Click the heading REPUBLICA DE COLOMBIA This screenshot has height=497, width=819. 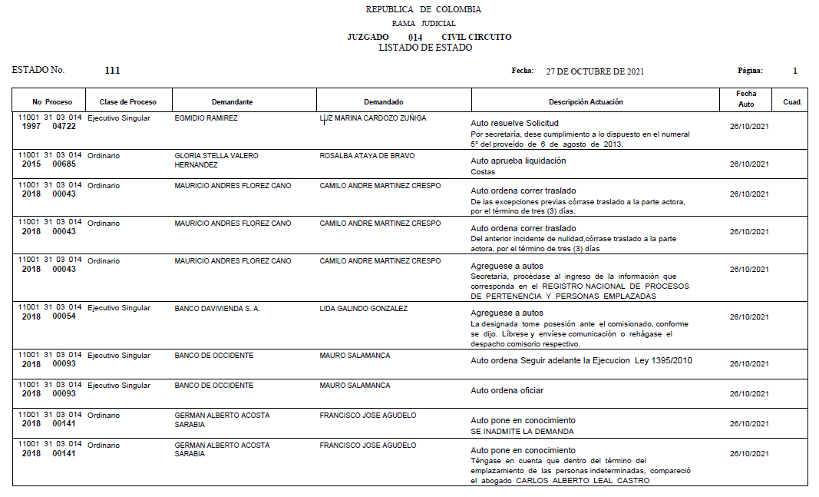point(424,10)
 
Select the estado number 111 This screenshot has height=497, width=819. point(112,71)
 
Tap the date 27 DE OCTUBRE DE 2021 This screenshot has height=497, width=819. point(594,71)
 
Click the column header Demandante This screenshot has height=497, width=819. point(232,102)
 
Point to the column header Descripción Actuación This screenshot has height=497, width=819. point(586,102)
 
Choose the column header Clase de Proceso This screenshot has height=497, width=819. point(127,102)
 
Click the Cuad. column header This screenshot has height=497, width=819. point(792,102)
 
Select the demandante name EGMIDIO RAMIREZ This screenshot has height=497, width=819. point(206,118)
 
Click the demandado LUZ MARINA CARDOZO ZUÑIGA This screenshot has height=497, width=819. point(372,118)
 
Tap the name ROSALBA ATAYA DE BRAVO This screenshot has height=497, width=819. point(367,156)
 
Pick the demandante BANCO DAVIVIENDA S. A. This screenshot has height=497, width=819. point(217,309)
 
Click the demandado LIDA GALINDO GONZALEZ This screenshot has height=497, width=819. point(363,309)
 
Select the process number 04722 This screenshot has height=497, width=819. point(64,126)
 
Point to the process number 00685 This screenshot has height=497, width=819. point(64,164)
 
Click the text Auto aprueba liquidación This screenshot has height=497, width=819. point(518,161)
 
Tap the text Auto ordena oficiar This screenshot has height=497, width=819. point(507,391)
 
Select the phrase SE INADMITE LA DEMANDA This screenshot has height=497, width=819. point(522,431)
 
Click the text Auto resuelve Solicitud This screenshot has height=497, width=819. point(514,123)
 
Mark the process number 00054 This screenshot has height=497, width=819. point(64,316)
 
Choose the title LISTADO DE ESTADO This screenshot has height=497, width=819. point(425,48)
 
